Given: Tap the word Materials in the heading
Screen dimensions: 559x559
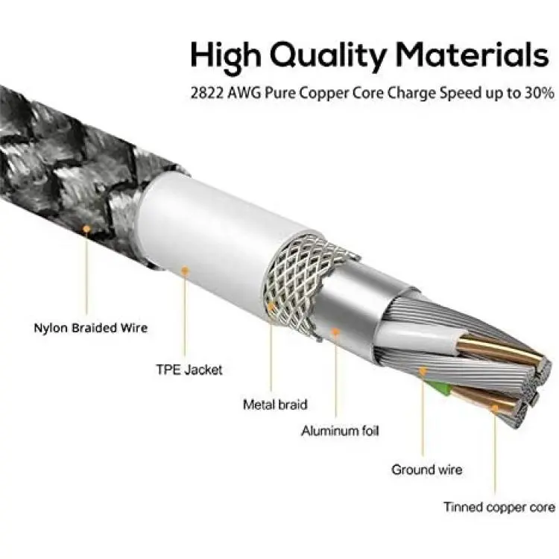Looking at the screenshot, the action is [x=473, y=54].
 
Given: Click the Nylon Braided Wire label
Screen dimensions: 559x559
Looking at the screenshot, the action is [x=90, y=328].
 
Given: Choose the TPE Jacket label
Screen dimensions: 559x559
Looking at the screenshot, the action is [x=189, y=370].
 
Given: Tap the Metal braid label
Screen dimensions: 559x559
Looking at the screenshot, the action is [x=275, y=405].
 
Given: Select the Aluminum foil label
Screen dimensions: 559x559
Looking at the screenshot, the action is [x=340, y=431].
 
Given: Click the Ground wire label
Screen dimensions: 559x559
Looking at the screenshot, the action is [x=427, y=470].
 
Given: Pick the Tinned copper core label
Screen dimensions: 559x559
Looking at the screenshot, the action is [x=499, y=507].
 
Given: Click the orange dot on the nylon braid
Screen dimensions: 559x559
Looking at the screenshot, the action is [x=86, y=229].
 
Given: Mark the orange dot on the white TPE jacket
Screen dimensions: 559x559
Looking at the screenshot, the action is [x=184, y=271].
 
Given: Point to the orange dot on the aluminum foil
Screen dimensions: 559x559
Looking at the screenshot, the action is [x=335, y=332].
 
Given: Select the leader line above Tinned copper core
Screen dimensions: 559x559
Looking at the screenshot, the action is [x=495, y=452].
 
